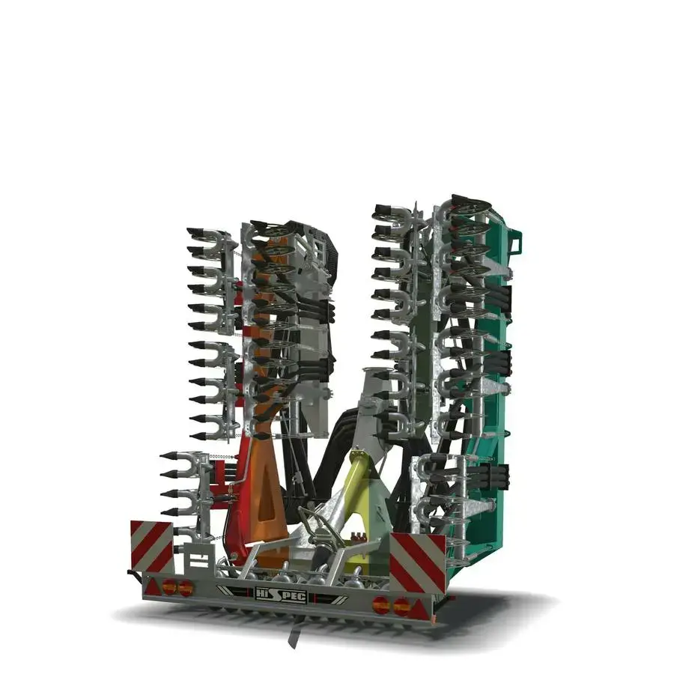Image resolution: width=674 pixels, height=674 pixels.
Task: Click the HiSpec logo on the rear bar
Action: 281,595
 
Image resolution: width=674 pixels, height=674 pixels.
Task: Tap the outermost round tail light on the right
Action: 401,607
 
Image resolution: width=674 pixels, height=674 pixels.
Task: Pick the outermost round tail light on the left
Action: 169,586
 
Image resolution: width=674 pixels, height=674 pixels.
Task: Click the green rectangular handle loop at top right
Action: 516,243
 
